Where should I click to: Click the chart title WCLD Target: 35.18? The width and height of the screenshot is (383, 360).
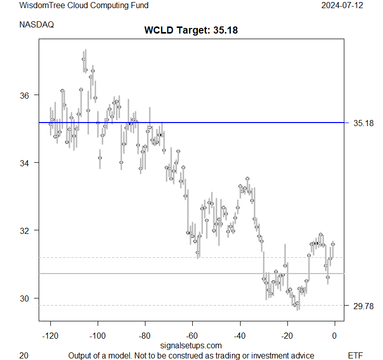(191, 30)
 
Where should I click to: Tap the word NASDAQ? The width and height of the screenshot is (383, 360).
(37, 24)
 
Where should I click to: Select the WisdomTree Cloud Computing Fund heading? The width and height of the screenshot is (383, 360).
(84, 6)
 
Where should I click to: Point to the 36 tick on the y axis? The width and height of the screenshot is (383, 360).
(24, 95)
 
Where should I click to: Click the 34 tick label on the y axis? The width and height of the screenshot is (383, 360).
(24, 163)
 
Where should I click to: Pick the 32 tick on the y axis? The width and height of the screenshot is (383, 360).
(24, 230)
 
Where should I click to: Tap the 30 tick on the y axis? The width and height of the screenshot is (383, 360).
(24, 298)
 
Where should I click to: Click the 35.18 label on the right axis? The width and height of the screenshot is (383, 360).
(363, 123)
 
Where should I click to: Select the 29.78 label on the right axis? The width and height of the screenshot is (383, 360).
(363, 306)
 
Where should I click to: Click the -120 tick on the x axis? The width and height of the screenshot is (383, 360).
(50, 336)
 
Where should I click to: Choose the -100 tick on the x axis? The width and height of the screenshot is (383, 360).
(98, 336)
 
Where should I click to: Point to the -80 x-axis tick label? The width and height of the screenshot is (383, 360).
(145, 336)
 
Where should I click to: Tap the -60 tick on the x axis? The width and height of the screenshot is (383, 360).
(192, 336)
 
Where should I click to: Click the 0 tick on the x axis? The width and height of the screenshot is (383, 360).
(334, 336)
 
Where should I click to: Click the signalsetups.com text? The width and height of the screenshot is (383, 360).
(191, 346)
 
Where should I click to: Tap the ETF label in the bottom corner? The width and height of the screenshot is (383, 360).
(355, 355)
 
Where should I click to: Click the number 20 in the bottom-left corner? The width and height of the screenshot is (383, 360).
(23, 355)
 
